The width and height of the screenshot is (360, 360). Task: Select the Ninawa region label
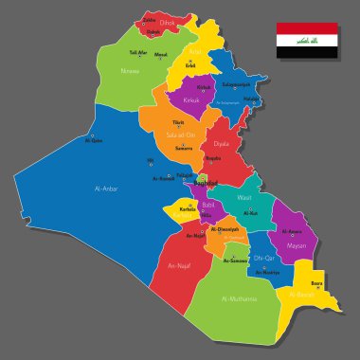(130, 71)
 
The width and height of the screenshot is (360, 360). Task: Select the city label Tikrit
(176, 123)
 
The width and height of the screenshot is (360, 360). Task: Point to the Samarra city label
(183, 148)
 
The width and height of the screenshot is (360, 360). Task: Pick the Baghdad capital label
(207, 182)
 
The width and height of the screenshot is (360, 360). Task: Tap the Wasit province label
(243, 198)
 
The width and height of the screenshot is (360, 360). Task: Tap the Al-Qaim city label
(93, 141)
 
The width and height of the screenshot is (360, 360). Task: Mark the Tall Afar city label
(139, 52)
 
